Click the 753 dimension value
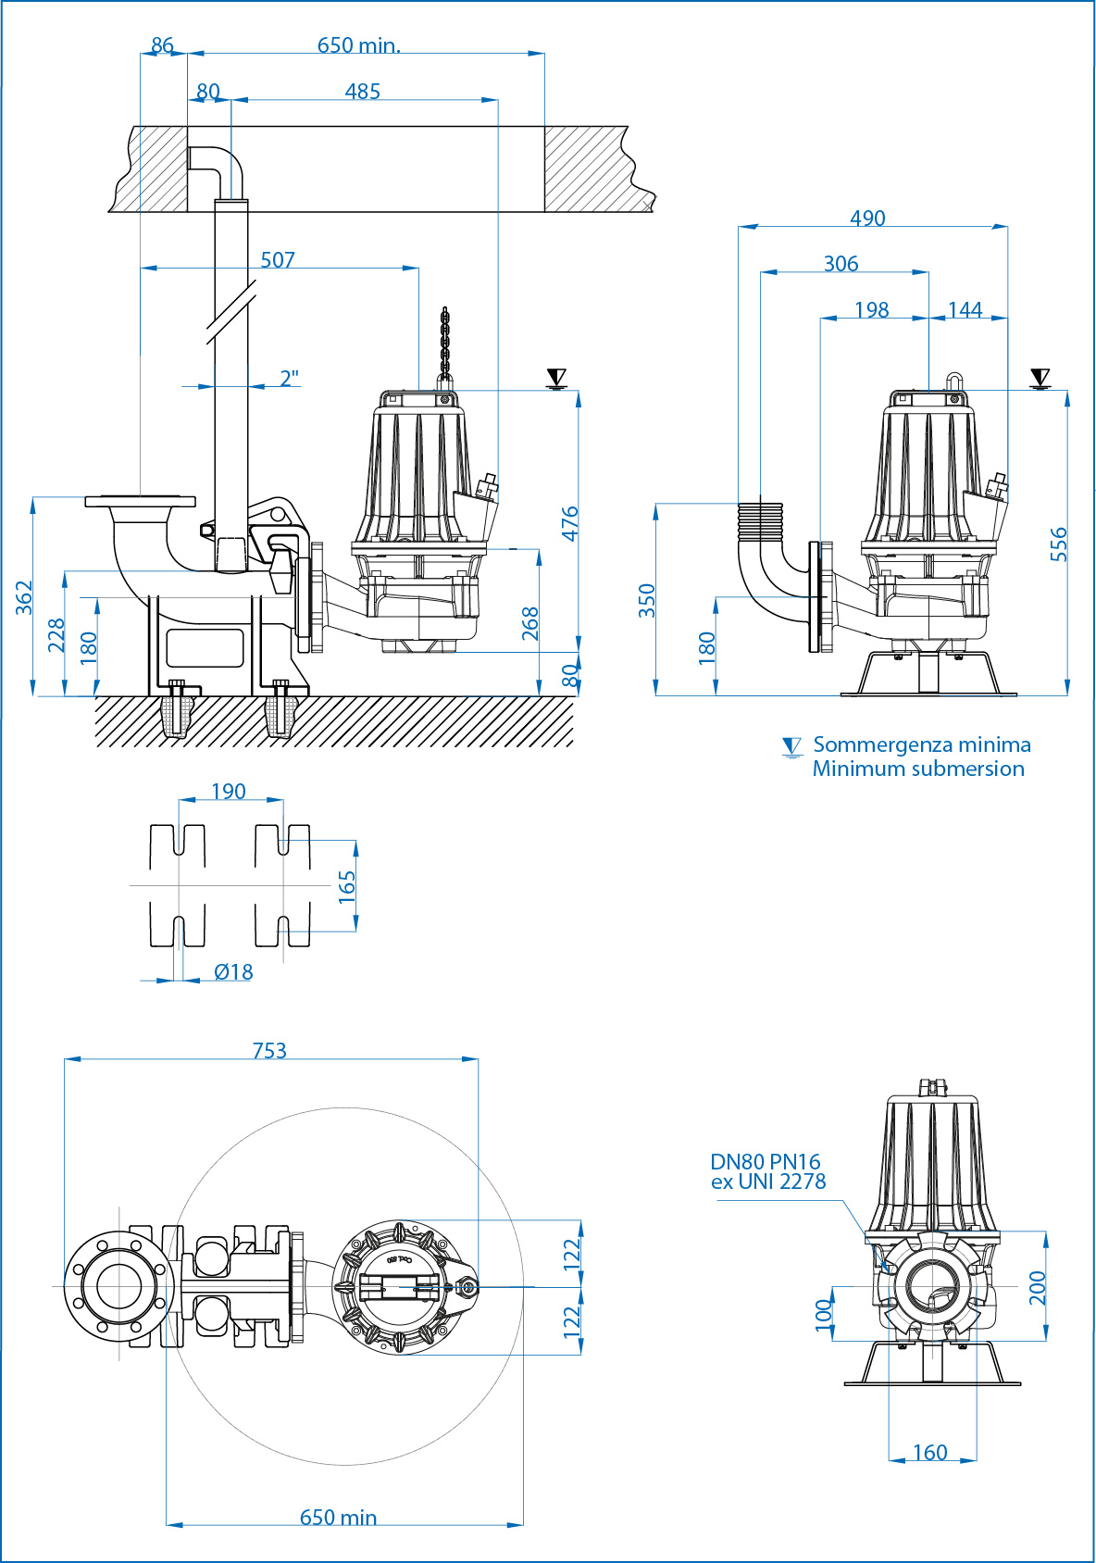tap(269, 1050)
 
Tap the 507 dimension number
tap(278, 260)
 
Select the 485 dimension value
tap(362, 92)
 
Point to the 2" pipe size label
tap(290, 379)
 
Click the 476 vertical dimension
tap(570, 523)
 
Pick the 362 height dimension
tap(24, 597)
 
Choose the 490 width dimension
tap(867, 218)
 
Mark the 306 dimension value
tap(841, 264)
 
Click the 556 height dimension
tap(1059, 544)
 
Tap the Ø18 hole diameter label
tap(233, 972)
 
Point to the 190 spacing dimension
tap(229, 792)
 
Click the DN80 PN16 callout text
tap(766, 1162)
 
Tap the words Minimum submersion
tap(918, 769)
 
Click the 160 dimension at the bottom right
tap(929, 1452)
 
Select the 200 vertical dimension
tap(1037, 1287)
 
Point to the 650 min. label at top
tap(359, 45)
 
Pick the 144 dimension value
tap(965, 310)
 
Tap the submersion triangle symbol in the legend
tap(791, 747)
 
